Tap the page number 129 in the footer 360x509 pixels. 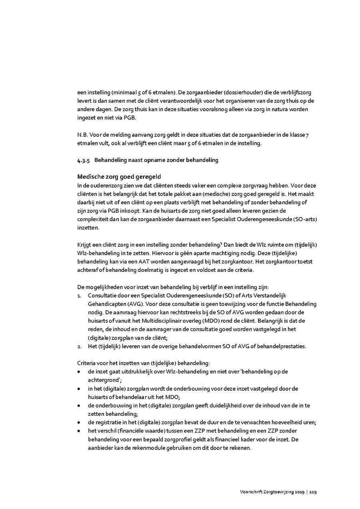313,492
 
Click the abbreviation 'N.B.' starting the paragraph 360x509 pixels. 82,135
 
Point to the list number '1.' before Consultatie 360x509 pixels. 79,295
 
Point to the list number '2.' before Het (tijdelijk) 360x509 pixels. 79,346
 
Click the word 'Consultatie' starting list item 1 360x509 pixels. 102,295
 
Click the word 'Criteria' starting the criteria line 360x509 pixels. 87,363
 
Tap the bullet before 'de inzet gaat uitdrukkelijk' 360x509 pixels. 79,372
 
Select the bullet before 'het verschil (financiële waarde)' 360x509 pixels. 79,431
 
